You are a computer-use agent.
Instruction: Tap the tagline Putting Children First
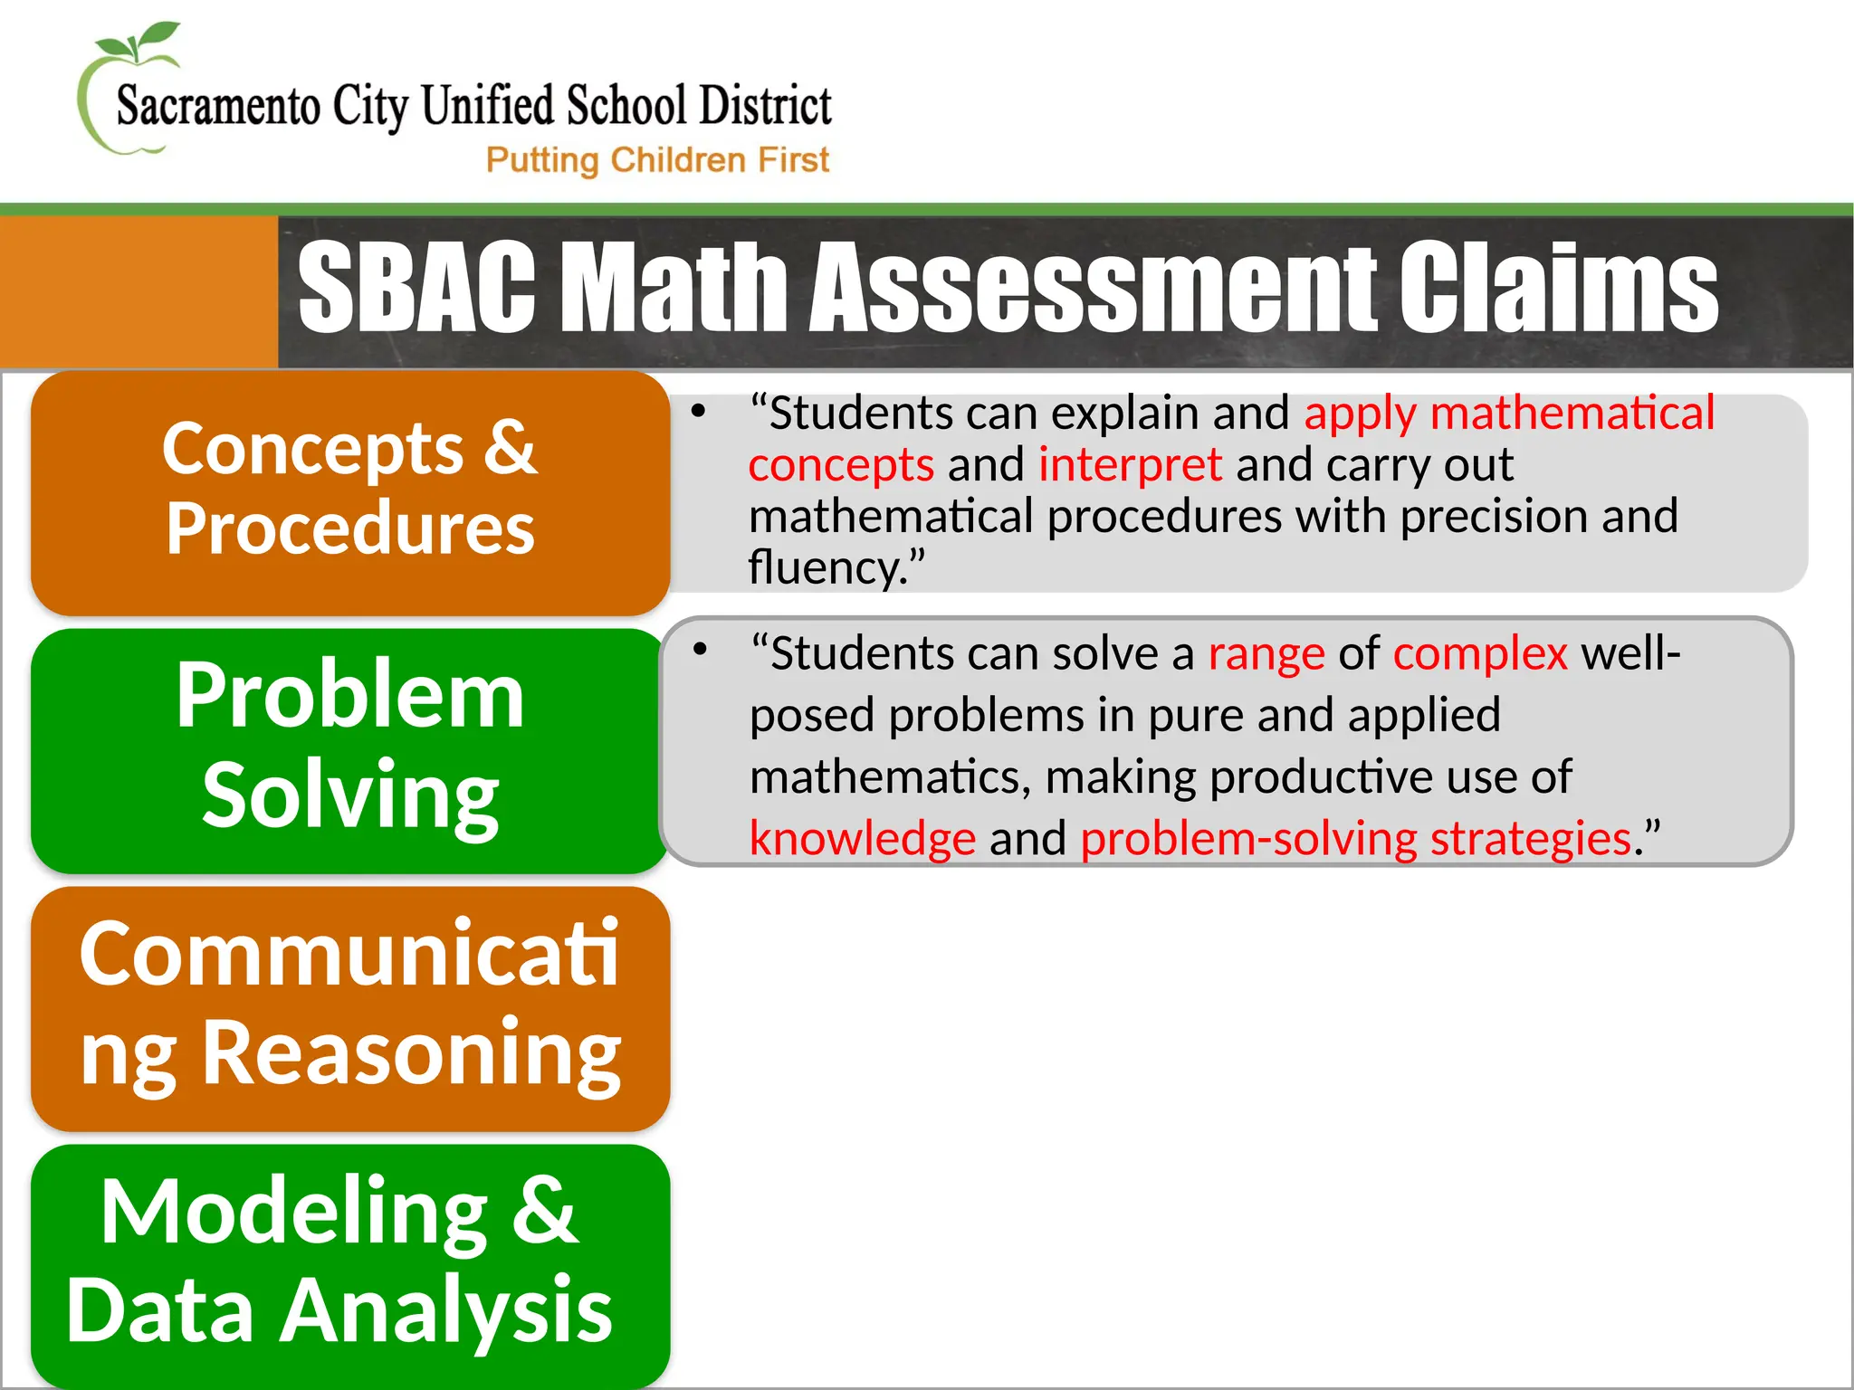click(x=657, y=160)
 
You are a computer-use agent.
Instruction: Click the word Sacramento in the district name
click(x=218, y=107)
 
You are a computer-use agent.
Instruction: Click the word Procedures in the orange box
click(x=350, y=528)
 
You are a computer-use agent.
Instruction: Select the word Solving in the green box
click(x=350, y=795)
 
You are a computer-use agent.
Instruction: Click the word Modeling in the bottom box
click(x=294, y=1211)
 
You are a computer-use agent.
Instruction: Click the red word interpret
click(x=1130, y=465)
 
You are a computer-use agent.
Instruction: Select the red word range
click(x=1266, y=653)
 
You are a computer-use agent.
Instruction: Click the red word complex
click(x=1480, y=653)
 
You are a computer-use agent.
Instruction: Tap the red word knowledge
click(x=863, y=838)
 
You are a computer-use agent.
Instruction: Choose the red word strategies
click(x=1530, y=838)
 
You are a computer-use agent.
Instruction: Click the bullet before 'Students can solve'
click(x=699, y=649)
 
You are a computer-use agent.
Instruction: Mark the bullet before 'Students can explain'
click(x=698, y=411)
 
